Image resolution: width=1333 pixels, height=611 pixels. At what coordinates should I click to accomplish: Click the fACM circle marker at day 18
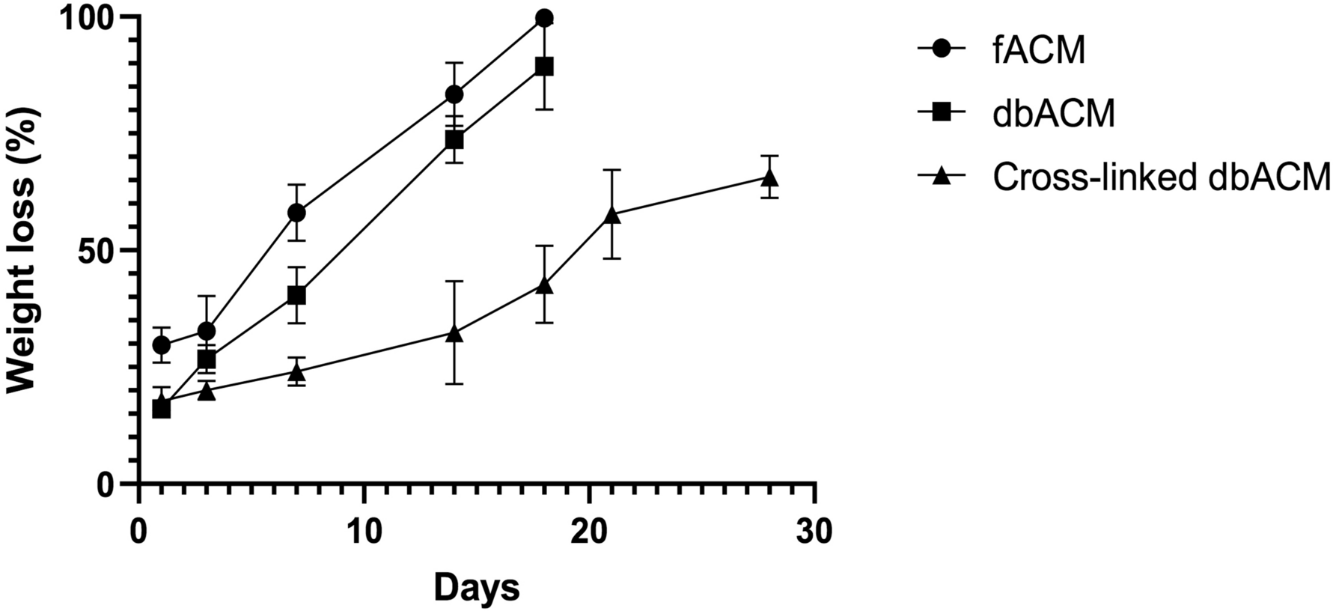pos(544,18)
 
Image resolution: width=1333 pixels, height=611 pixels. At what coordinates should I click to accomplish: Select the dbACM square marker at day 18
pos(544,66)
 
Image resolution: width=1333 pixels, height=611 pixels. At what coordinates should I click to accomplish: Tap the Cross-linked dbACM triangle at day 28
pos(769,177)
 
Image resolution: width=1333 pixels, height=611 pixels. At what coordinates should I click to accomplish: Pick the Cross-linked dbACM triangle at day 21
pos(612,215)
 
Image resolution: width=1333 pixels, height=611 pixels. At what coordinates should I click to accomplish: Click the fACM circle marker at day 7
pos(296,213)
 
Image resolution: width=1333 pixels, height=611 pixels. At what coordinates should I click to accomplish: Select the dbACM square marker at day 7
pos(296,295)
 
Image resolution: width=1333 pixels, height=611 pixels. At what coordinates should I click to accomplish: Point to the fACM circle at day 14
pos(454,94)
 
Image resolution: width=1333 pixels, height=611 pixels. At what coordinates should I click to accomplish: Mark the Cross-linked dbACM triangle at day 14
pos(454,333)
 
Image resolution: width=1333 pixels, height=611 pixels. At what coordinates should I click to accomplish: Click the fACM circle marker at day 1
pos(162,345)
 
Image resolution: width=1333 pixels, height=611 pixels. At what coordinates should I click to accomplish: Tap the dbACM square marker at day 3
pos(207,359)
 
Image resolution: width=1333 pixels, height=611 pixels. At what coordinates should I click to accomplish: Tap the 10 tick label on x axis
pos(364,532)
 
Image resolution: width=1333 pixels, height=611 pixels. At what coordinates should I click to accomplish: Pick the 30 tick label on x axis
pos(814,532)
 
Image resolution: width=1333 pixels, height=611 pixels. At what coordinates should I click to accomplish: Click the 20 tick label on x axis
pos(589,532)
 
